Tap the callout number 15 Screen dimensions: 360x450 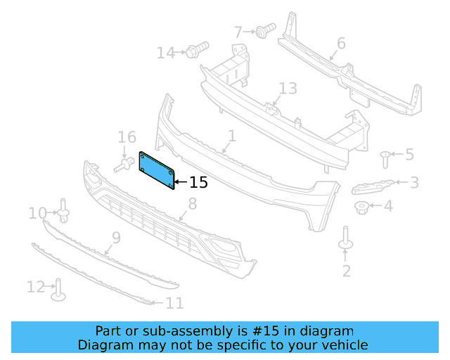(x=199, y=183)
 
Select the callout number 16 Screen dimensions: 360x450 (x=127, y=138)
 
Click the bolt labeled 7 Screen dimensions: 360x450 (x=265, y=30)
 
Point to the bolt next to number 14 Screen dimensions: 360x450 (x=195, y=51)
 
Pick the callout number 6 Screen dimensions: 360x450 (x=341, y=44)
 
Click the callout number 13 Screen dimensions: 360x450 (x=288, y=89)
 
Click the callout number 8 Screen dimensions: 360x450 (x=192, y=205)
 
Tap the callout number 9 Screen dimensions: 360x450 (x=116, y=238)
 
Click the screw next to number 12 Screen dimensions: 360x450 (x=58, y=289)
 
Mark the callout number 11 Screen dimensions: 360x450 (x=174, y=304)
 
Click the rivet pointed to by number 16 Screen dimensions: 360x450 (x=124, y=165)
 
